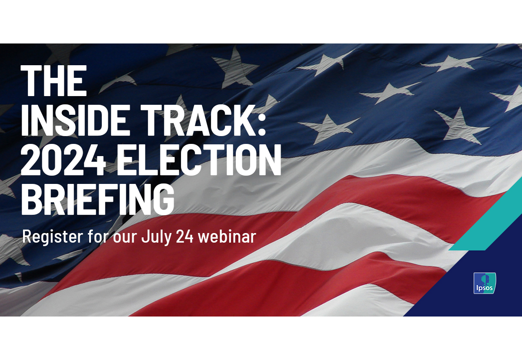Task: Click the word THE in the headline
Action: [54, 81]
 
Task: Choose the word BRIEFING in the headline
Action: [98, 197]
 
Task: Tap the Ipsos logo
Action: [485, 283]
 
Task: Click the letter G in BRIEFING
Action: [161, 197]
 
